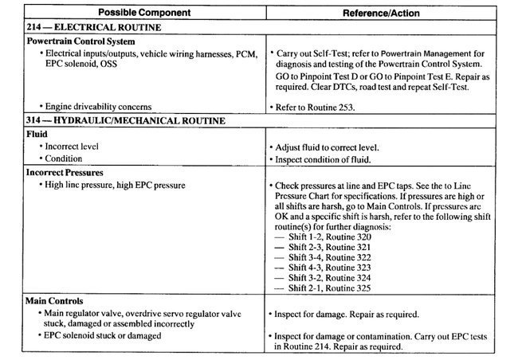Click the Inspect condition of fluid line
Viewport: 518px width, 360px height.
tap(323, 159)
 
